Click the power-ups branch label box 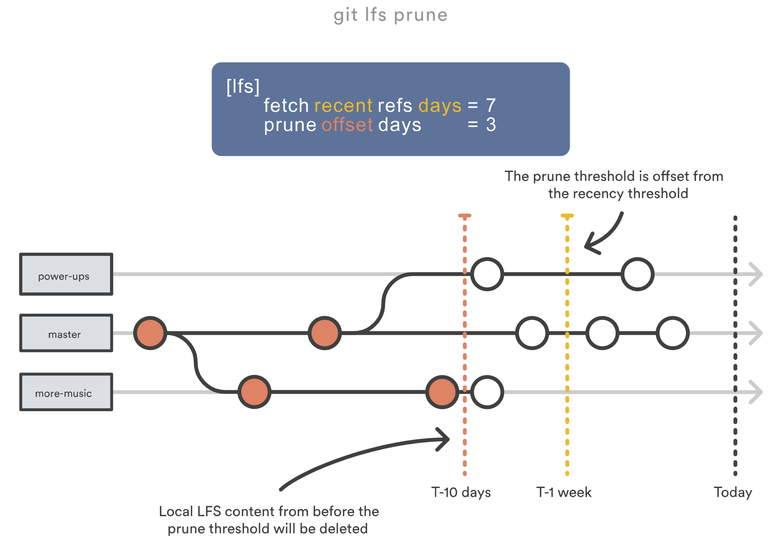coord(66,275)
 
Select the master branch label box coord(66,333)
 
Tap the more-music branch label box coord(66,392)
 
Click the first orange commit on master coord(150,333)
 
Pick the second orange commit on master coord(325,333)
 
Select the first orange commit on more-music coord(254,392)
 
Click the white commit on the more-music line coord(487,392)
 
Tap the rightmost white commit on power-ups coord(637,274)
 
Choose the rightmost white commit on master coord(672,333)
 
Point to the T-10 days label coord(461,492)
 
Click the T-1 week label coord(564,492)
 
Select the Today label coord(733,492)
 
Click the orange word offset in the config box coord(347,125)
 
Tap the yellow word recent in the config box coord(343,106)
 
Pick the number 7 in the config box coord(491,105)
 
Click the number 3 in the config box coord(491,125)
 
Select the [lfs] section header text coord(243,86)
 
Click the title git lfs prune coord(390,15)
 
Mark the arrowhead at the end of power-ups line coord(756,274)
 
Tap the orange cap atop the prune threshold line coord(465,215)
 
